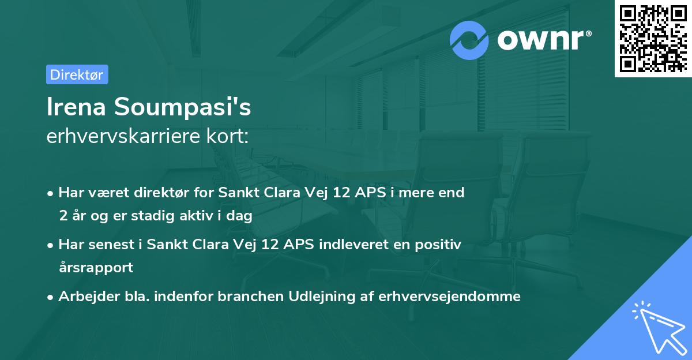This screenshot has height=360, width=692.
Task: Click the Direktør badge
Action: (x=77, y=74)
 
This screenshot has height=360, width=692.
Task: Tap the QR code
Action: (x=653, y=39)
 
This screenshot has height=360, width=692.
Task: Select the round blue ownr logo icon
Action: (x=469, y=40)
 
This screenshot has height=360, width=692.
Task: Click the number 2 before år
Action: (x=62, y=216)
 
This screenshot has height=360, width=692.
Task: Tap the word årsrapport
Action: (x=96, y=268)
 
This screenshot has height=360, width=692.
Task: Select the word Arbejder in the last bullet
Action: (x=84, y=297)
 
